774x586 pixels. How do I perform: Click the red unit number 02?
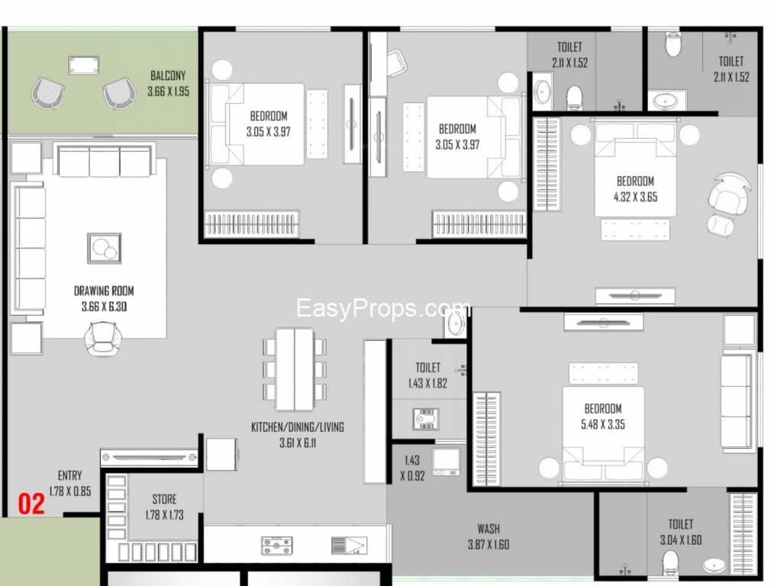pyautogui.click(x=31, y=504)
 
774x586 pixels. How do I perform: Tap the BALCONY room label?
pyautogui.click(x=168, y=76)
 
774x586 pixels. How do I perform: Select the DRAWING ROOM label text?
pyautogui.click(x=109, y=291)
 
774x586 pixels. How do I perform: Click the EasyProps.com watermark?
pyautogui.click(x=383, y=309)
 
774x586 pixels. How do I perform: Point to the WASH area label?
pyautogui.click(x=489, y=528)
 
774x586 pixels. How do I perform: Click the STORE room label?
pyautogui.click(x=164, y=500)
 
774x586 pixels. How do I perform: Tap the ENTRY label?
pyautogui.click(x=70, y=475)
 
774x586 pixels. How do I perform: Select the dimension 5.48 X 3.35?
pyautogui.click(x=604, y=424)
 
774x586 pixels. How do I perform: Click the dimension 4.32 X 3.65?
pyautogui.click(x=636, y=196)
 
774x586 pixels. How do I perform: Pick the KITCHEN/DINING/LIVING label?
pyautogui.click(x=298, y=427)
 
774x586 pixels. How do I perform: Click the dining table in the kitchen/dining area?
pyautogui.click(x=295, y=369)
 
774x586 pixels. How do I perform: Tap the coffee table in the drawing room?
pyautogui.click(x=104, y=247)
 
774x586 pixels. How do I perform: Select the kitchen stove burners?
pyautogui.click(x=277, y=545)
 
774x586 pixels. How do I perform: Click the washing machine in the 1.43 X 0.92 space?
pyautogui.click(x=446, y=462)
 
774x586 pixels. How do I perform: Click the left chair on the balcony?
pyautogui.click(x=48, y=93)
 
